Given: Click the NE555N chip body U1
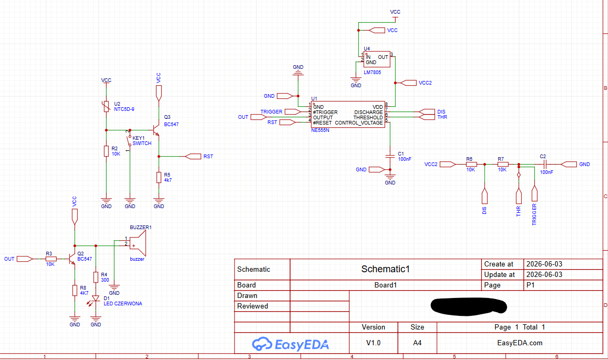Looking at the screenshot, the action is [348, 115].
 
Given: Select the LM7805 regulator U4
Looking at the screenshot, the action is [376, 59].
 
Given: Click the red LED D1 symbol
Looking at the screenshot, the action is [96, 299].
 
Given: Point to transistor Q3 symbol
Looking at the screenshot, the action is [156, 130].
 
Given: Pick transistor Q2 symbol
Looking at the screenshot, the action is [72, 259].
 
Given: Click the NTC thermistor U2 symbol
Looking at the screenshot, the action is [106, 106].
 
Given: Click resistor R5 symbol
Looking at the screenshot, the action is [159, 177].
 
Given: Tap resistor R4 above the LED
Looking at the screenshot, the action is [96, 277].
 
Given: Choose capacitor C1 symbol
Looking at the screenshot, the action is [390, 156].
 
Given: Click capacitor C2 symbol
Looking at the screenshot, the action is [544, 164].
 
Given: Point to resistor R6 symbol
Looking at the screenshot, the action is [471, 164].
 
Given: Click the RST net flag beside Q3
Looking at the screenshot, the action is [193, 156].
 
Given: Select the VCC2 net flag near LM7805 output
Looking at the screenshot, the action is [408, 83].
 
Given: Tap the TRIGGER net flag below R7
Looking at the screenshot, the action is [534, 193].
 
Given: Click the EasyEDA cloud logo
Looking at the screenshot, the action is [262, 344].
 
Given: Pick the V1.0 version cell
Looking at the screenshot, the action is [374, 343].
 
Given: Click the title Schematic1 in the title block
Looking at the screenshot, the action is [385, 269].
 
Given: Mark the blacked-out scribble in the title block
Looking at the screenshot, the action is [469, 306].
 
